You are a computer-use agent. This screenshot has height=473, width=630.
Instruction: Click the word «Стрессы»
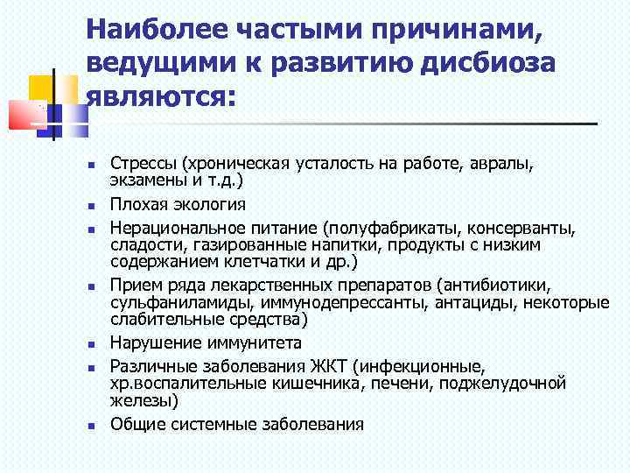point(141,163)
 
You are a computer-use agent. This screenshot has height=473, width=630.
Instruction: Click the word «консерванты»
point(523,228)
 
